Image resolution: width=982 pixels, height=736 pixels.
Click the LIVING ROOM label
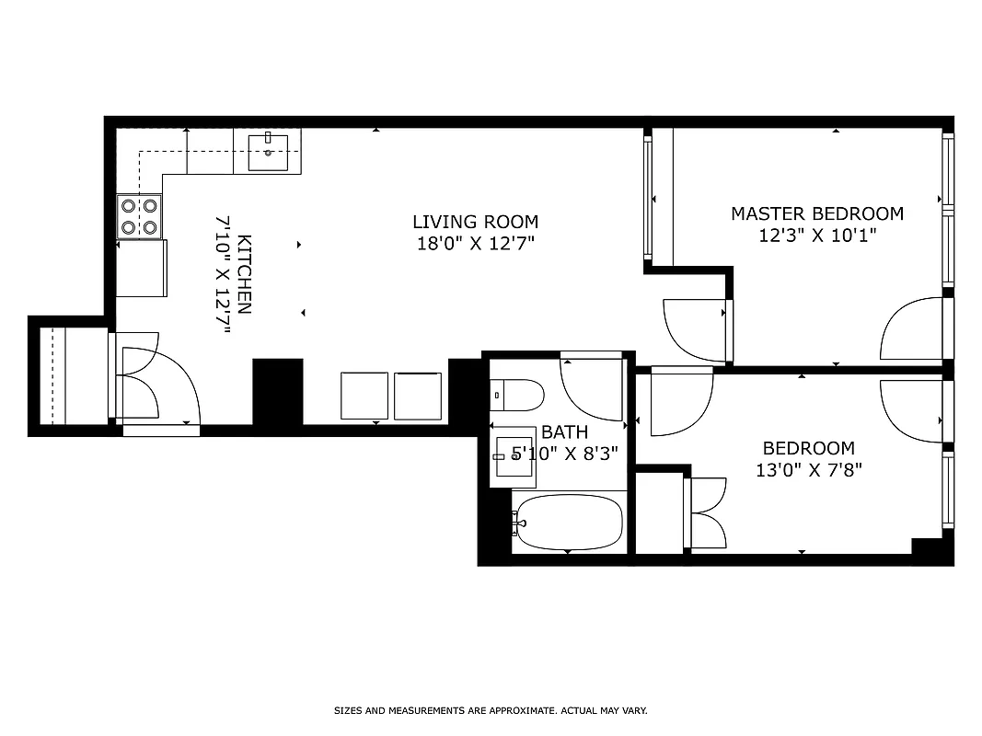(475, 222)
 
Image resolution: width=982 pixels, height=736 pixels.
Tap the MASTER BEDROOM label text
(816, 213)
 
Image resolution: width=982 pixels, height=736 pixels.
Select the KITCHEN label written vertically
(244, 275)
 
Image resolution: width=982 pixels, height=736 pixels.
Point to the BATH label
(564, 431)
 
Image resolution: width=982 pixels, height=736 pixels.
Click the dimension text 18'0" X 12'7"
(475, 244)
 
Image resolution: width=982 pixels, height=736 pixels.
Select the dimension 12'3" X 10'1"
(816, 235)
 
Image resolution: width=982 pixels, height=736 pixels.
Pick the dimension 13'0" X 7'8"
(808, 470)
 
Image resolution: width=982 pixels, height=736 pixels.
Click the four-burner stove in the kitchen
(140, 217)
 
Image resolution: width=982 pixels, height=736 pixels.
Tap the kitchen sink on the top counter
(268, 152)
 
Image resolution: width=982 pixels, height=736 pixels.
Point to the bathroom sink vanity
(514, 457)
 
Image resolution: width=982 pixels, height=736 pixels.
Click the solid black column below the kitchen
(278, 391)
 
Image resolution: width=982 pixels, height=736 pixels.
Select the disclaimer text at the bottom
(491, 710)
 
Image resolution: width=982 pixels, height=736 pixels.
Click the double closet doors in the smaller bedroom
(707, 513)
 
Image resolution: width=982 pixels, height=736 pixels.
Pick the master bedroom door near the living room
(696, 330)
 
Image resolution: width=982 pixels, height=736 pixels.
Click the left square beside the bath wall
(364, 396)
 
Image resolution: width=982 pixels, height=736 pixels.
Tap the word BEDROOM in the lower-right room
(808, 449)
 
